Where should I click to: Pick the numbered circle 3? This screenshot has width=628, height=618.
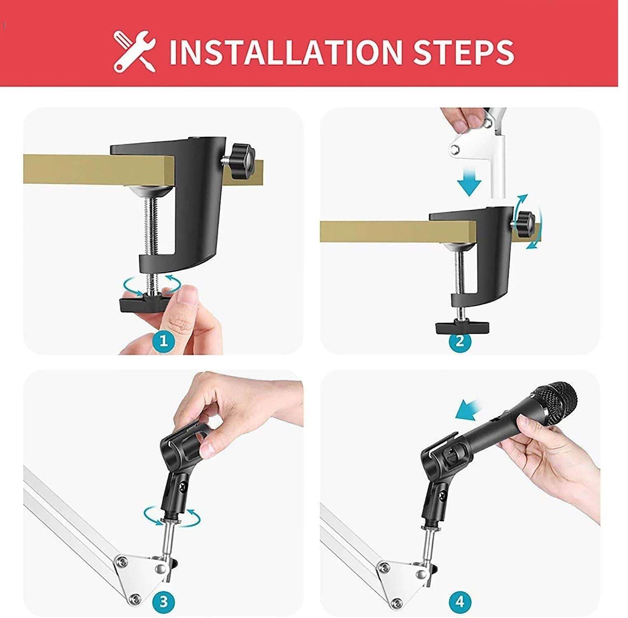164,602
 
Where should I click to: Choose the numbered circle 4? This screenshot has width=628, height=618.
459,602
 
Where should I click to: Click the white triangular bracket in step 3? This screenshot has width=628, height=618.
140,571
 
